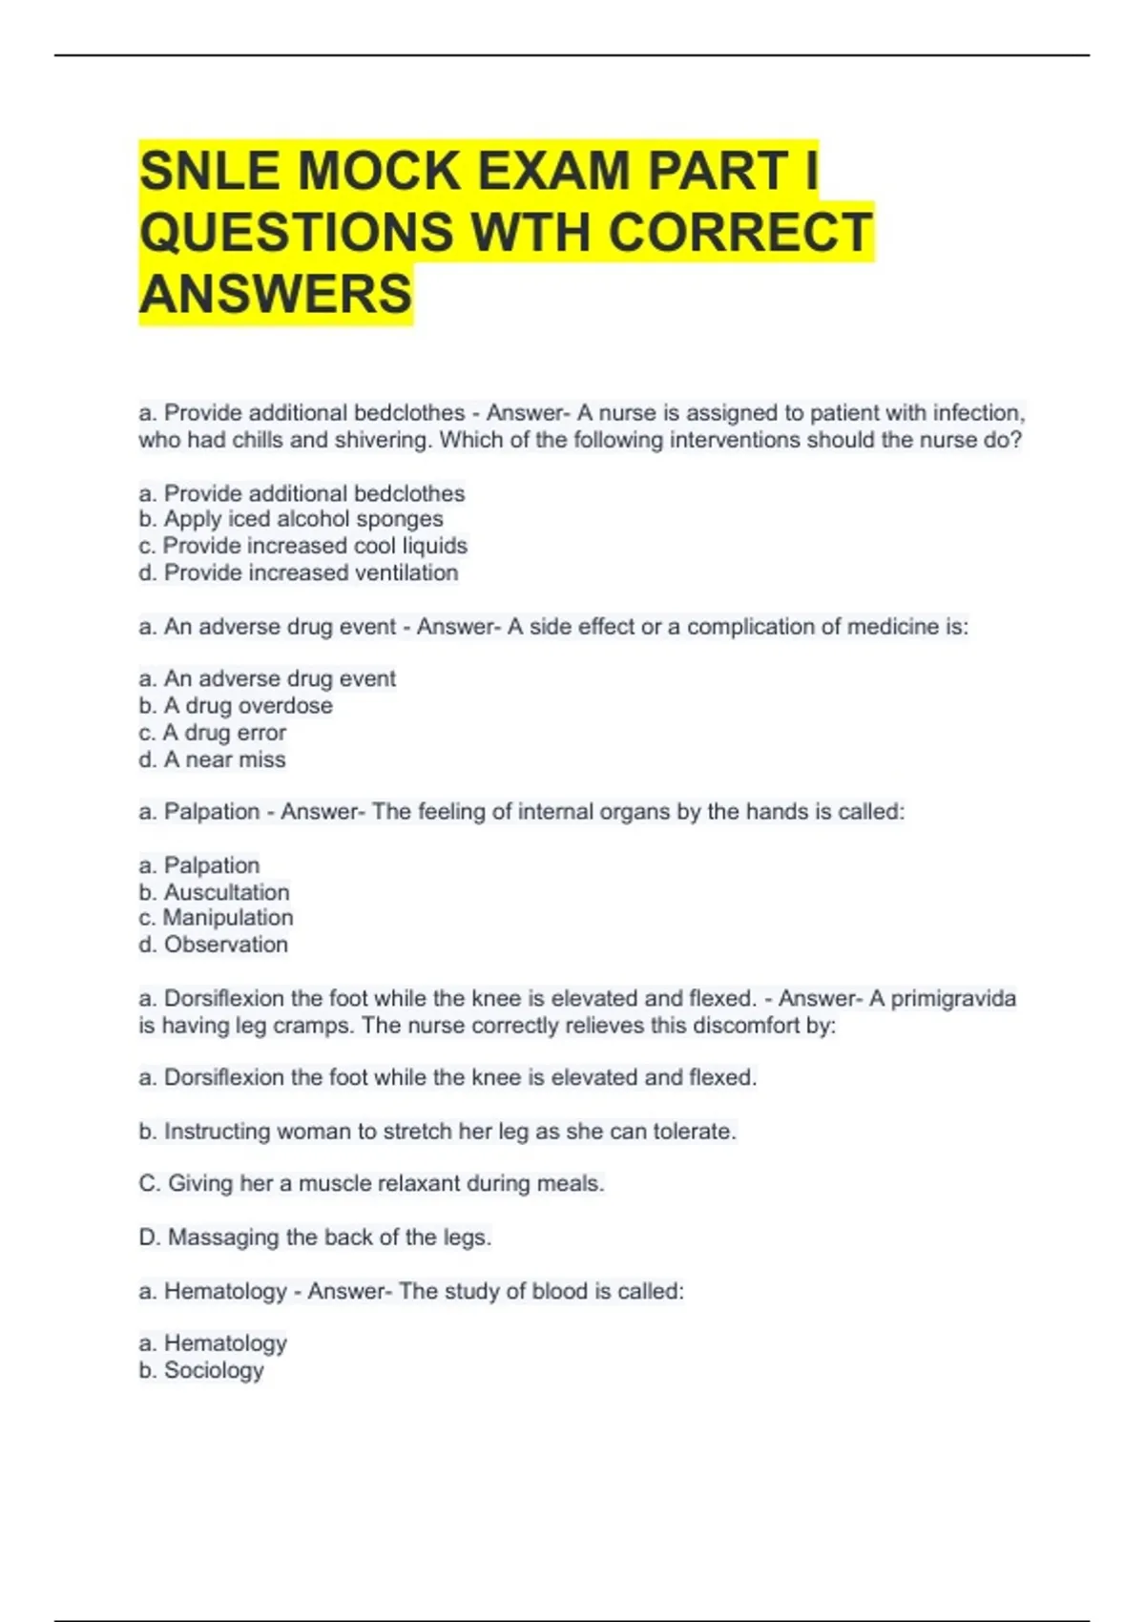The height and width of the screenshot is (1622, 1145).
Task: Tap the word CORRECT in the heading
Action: [x=740, y=232]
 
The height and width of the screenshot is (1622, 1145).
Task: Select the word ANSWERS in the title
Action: [x=276, y=294]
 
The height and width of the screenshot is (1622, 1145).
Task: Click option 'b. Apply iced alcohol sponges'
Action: [x=291, y=519]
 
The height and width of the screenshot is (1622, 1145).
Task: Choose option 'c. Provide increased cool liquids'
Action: [x=302, y=546]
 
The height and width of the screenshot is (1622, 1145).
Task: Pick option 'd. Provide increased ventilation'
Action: [x=298, y=572]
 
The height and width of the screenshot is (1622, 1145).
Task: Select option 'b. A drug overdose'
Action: [x=236, y=706]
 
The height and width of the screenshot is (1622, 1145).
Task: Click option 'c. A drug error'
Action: [x=212, y=733]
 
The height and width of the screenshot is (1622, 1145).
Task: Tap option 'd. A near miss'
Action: [x=212, y=759]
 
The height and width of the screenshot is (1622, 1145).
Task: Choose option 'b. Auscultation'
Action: [x=214, y=892]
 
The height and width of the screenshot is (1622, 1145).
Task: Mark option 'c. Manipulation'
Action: [x=216, y=918]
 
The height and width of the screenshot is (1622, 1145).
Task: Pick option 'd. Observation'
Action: [x=213, y=945]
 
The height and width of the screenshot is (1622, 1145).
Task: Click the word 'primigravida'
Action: [x=953, y=999]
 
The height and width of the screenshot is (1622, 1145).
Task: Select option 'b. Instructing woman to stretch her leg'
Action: [x=437, y=1132]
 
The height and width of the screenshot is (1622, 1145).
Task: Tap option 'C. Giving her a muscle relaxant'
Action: [x=371, y=1184]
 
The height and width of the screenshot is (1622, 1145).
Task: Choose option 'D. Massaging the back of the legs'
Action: [x=315, y=1237]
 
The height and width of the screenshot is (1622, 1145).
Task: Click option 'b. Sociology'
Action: [x=200, y=1370]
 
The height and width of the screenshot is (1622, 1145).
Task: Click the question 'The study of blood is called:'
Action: [x=541, y=1292]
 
